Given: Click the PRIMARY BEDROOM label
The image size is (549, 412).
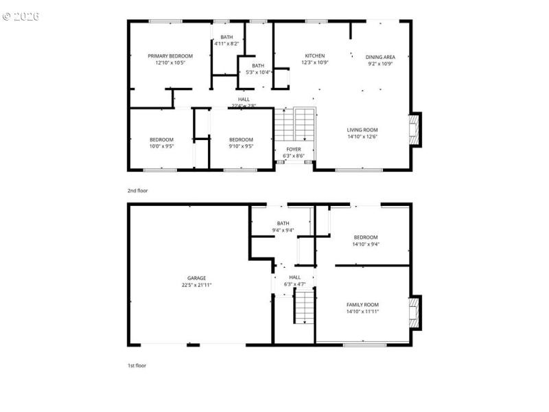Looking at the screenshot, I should click(x=170, y=56).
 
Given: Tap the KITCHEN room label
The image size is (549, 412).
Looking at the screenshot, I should click(x=315, y=56).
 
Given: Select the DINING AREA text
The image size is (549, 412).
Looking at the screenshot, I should click(x=379, y=57).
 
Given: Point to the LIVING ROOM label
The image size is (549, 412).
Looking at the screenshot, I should click(x=362, y=130).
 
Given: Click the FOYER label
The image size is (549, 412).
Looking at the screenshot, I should click(x=294, y=149).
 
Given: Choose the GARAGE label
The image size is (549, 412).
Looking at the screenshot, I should click(x=197, y=278).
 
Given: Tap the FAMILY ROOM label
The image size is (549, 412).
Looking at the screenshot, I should click(x=362, y=304).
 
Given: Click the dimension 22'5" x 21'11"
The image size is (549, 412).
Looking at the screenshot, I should click(x=197, y=285).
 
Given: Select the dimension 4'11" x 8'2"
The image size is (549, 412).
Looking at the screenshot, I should click(x=226, y=43).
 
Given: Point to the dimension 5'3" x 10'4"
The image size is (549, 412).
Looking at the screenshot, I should click(x=257, y=72).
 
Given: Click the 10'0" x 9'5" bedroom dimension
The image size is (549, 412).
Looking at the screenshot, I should click(x=162, y=146).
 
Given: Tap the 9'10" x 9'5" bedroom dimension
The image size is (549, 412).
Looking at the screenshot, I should click(x=241, y=146).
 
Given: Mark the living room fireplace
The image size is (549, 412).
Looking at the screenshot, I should click(x=414, y=129).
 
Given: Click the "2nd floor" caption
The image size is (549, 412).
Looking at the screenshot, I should click(x=137, y=190).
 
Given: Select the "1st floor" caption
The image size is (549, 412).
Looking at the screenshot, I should click(x=137, y=365).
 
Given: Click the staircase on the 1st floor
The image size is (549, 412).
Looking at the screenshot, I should click(x=305, y=307).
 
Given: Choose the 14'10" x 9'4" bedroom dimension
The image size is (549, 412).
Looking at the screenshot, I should click(x=366, y=244).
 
